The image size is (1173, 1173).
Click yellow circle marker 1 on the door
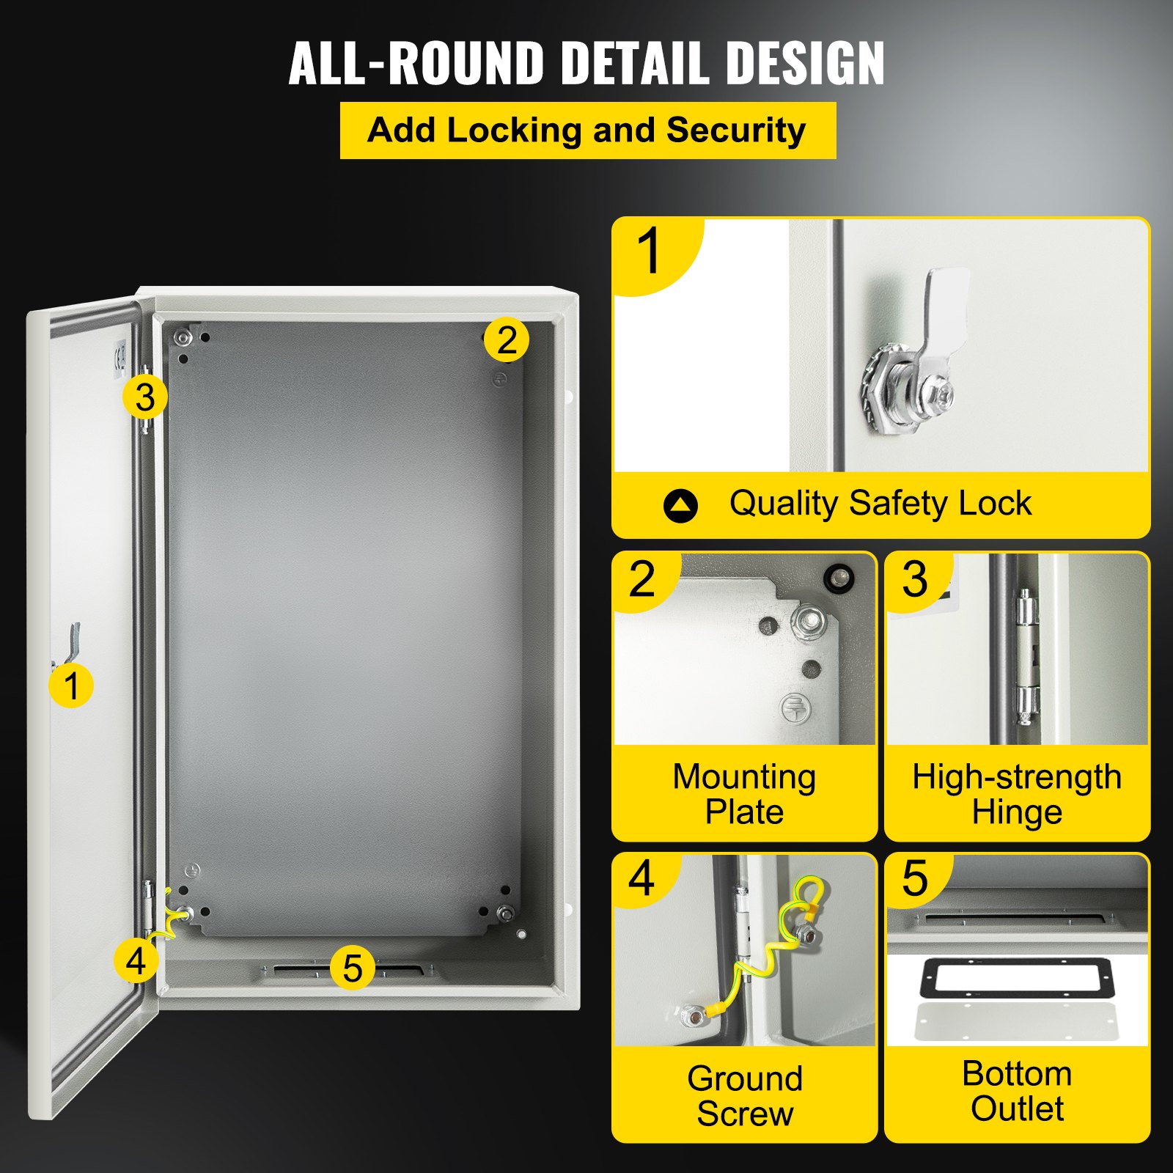(71, 685)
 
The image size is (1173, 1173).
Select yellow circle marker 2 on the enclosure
(506, 340)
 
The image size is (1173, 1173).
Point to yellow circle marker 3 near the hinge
(145, 397)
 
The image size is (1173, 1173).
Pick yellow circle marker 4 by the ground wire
(136, 960)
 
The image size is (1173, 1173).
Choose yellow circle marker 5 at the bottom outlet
(353, 968)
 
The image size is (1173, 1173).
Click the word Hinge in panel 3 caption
(1017, 812)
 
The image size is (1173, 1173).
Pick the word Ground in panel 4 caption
(745, 1078)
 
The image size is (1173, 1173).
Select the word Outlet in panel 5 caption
(1017, 1108)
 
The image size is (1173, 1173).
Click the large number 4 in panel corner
(641, 878)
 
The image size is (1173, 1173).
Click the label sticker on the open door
(119, 358)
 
